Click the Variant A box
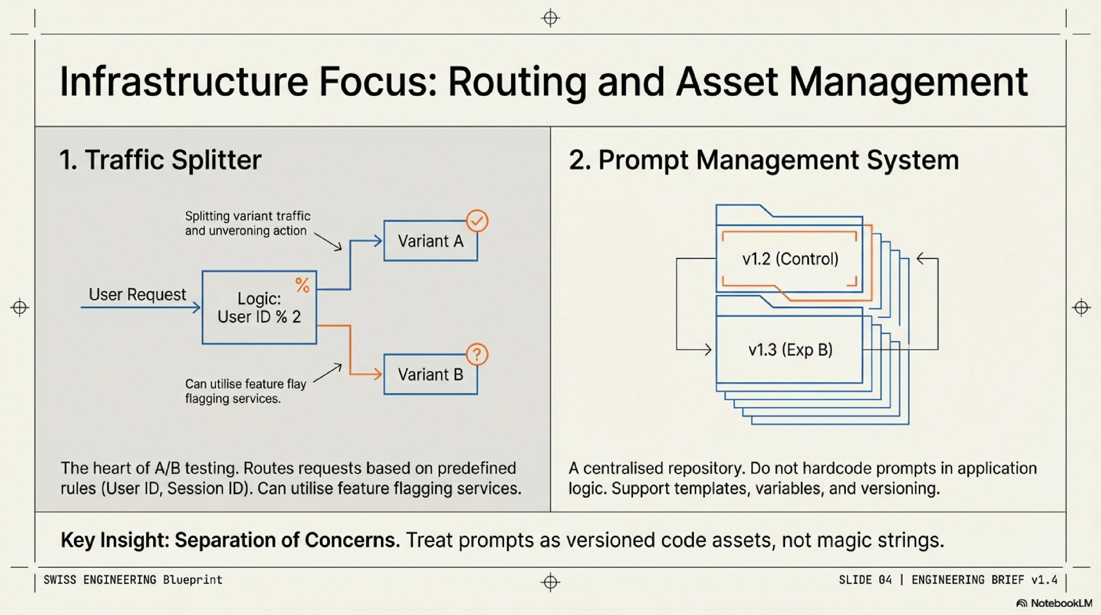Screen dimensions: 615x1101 [x=430, y=241]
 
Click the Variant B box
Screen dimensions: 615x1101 [x=430, y=374]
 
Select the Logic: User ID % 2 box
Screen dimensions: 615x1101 [x=259, y=307]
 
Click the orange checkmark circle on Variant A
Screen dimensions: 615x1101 [x=477, y=221]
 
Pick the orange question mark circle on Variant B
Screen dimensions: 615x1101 [x=477, y=354]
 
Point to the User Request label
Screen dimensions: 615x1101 [x=137, y=294]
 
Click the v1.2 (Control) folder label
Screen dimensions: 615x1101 [x=790, y=259]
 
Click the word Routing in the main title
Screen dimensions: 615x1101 [x=517, y=82]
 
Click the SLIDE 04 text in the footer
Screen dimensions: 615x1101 [x=865, y=580]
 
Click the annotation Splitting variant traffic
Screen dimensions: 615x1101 [x=247, y=216]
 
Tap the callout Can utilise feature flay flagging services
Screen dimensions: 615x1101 [x=245, y=391]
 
